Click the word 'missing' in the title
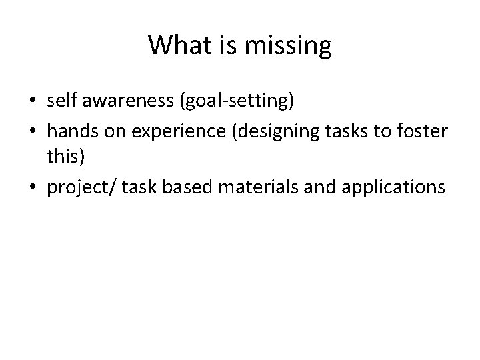287,45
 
